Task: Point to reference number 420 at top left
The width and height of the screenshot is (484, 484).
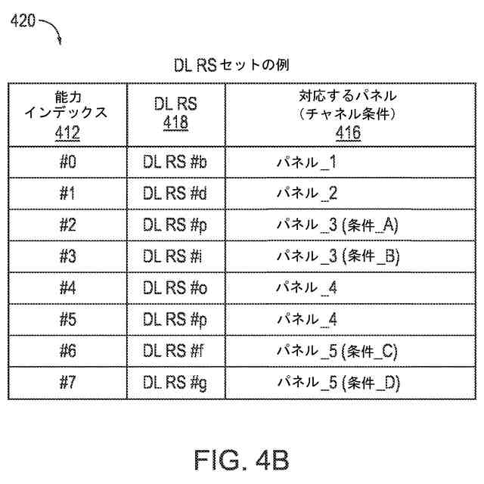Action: tap(23, 22)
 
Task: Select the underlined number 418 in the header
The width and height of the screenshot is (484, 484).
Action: tap(175, 122)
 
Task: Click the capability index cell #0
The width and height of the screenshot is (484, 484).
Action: tap(67, 162)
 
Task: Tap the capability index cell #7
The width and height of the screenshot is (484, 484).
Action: tap(67, 383)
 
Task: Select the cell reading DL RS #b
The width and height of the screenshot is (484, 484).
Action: tap(175, 162)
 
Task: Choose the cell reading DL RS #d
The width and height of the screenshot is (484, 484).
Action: tap(175, 194)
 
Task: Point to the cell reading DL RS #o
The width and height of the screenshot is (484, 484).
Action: tap(175, 288)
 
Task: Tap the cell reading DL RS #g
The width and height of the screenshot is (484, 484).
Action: tap(175, 383)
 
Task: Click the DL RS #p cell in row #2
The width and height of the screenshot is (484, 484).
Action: tap(175, 225)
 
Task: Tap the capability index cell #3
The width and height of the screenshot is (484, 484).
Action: tap(67, 256)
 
